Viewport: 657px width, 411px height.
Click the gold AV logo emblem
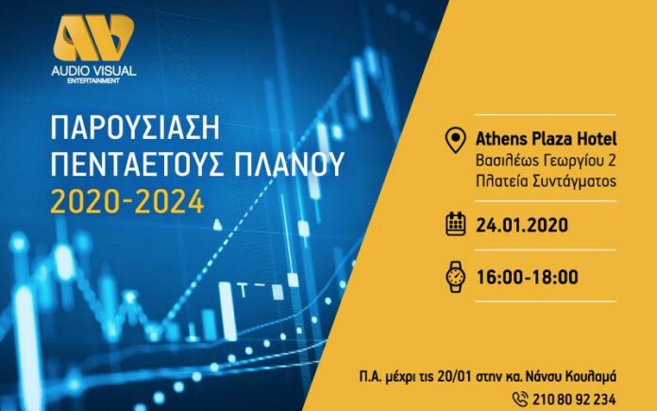click(x=93, y=38)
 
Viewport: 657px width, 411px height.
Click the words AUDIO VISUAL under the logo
click(x=93, y=71)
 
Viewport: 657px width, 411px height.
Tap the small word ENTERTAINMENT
click(x=93, y=80)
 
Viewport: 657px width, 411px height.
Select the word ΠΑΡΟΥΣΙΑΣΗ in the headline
click(x=135, y=128)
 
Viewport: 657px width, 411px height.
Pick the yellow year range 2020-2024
click(x=127, y=202)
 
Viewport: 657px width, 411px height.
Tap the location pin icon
click(x=455, y=140)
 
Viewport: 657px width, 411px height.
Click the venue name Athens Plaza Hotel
click(x=546, y=138)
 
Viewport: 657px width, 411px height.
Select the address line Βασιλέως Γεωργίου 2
click(x=546, y=161)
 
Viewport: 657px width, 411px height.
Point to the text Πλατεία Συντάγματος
click(x=546, y=181)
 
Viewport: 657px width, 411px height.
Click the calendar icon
click(x=455, y=224)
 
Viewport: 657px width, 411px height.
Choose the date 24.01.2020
click(x=522, y=225)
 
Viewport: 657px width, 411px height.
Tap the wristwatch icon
click(x=455, y=277)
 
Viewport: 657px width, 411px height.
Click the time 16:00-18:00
click(x=527, y=277)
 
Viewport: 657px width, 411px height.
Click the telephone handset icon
click(x=521, y=398)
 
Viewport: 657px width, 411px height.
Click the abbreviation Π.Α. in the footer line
click(x=371, y=376)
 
